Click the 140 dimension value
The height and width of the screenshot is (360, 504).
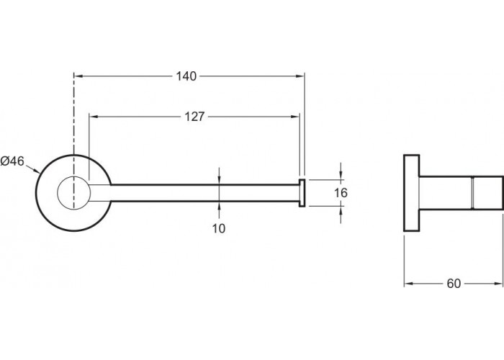(186, 76)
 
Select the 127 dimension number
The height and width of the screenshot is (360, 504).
(194, 117)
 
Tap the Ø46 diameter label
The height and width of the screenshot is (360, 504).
(12, 161)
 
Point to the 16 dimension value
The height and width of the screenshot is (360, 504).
(341, 193)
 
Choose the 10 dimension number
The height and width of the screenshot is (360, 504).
(219, 228)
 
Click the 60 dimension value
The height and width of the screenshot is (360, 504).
(454, 284)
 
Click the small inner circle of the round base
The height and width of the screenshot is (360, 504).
(73, 193)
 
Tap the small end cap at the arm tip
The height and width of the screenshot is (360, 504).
(302, 193)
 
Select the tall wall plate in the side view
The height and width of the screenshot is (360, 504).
(411, 193)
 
